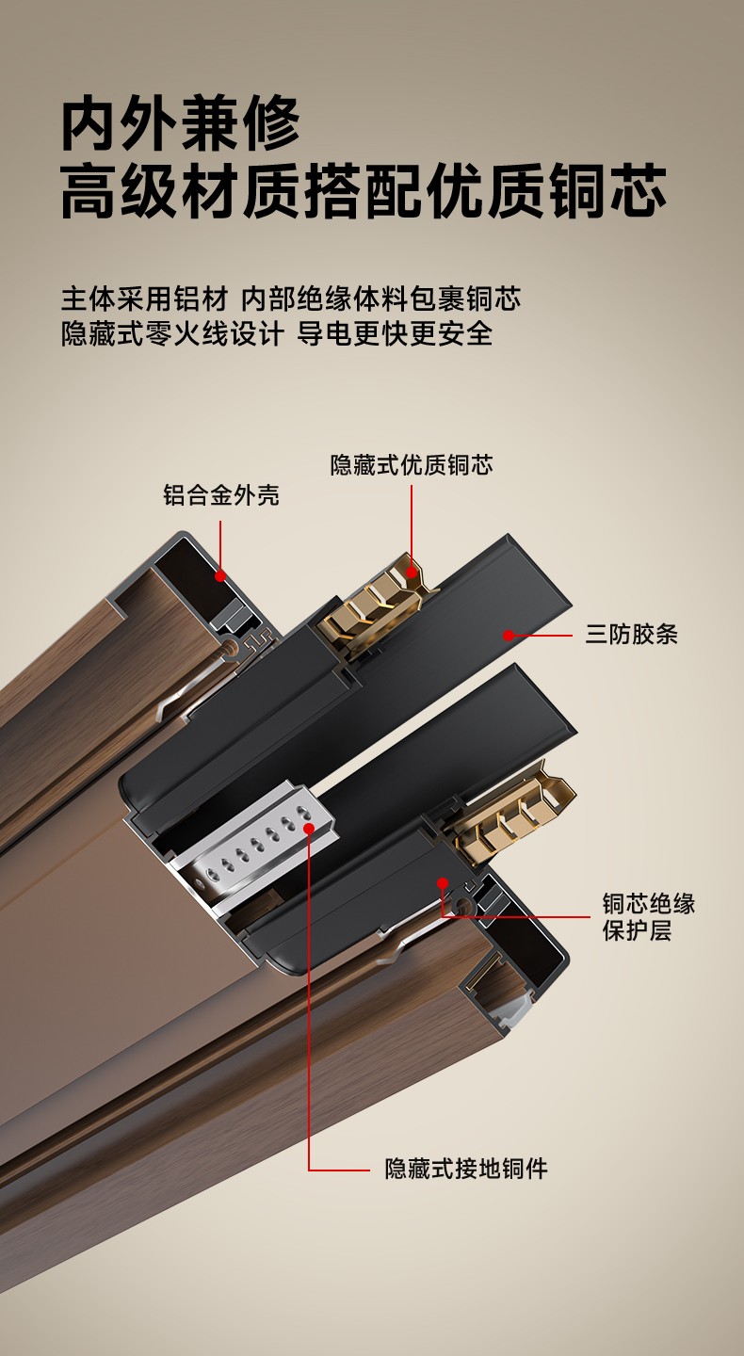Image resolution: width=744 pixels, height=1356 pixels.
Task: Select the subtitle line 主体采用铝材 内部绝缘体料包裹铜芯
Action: (291, 299)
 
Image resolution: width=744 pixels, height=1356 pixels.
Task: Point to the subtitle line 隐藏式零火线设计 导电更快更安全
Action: (277, 333)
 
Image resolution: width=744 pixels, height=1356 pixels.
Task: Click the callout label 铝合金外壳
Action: (221, 494)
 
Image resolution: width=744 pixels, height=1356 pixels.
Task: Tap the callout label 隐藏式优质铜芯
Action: (412, 465)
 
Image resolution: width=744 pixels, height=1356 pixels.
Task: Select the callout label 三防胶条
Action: (631, 635)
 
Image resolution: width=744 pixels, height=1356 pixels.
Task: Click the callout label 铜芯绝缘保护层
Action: (648, 917)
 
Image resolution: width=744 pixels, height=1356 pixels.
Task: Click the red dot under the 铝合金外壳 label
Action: (220, 575)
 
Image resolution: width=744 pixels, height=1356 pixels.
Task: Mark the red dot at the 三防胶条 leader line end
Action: (509, 635)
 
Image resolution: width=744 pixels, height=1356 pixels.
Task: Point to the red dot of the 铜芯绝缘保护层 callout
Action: (444, 882)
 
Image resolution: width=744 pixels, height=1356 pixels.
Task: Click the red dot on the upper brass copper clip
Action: (412, 572)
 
